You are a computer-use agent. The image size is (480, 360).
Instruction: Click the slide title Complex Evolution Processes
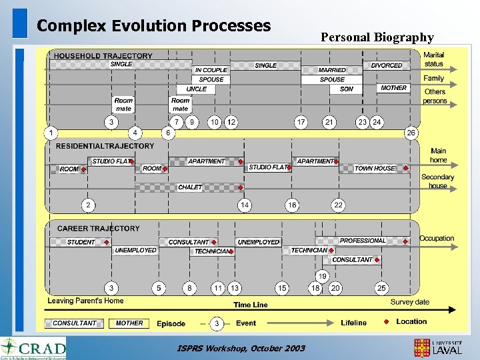point(154,26)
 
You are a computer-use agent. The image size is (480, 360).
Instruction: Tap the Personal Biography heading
point(377,37)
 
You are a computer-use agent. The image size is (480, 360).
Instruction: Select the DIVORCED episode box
point(387,65)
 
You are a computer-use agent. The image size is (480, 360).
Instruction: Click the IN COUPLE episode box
point(211,69)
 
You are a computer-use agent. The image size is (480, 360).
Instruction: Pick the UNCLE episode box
point(196,89)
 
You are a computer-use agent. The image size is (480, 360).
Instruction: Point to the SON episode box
point(347,89)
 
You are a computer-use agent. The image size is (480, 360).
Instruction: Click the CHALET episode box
point(190,187)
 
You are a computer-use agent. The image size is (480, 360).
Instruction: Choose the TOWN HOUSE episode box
point(375,169)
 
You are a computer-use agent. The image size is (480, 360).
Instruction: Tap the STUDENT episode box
point(81,242)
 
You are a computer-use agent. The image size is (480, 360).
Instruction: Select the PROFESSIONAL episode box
point(363,241)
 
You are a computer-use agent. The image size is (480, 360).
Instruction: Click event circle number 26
point(411,133)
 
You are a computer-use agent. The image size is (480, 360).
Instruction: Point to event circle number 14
point(245,205)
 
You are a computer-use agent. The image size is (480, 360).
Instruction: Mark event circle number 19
point(322,275)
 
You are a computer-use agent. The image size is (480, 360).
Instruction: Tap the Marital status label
point(434,59)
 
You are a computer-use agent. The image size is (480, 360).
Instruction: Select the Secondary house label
point(437,181)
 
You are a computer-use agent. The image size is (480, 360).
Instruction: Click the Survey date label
point(410,302)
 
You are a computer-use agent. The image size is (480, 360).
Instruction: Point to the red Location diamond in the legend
point(385,322)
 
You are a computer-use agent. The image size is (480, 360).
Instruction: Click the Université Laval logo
point(438,347)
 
